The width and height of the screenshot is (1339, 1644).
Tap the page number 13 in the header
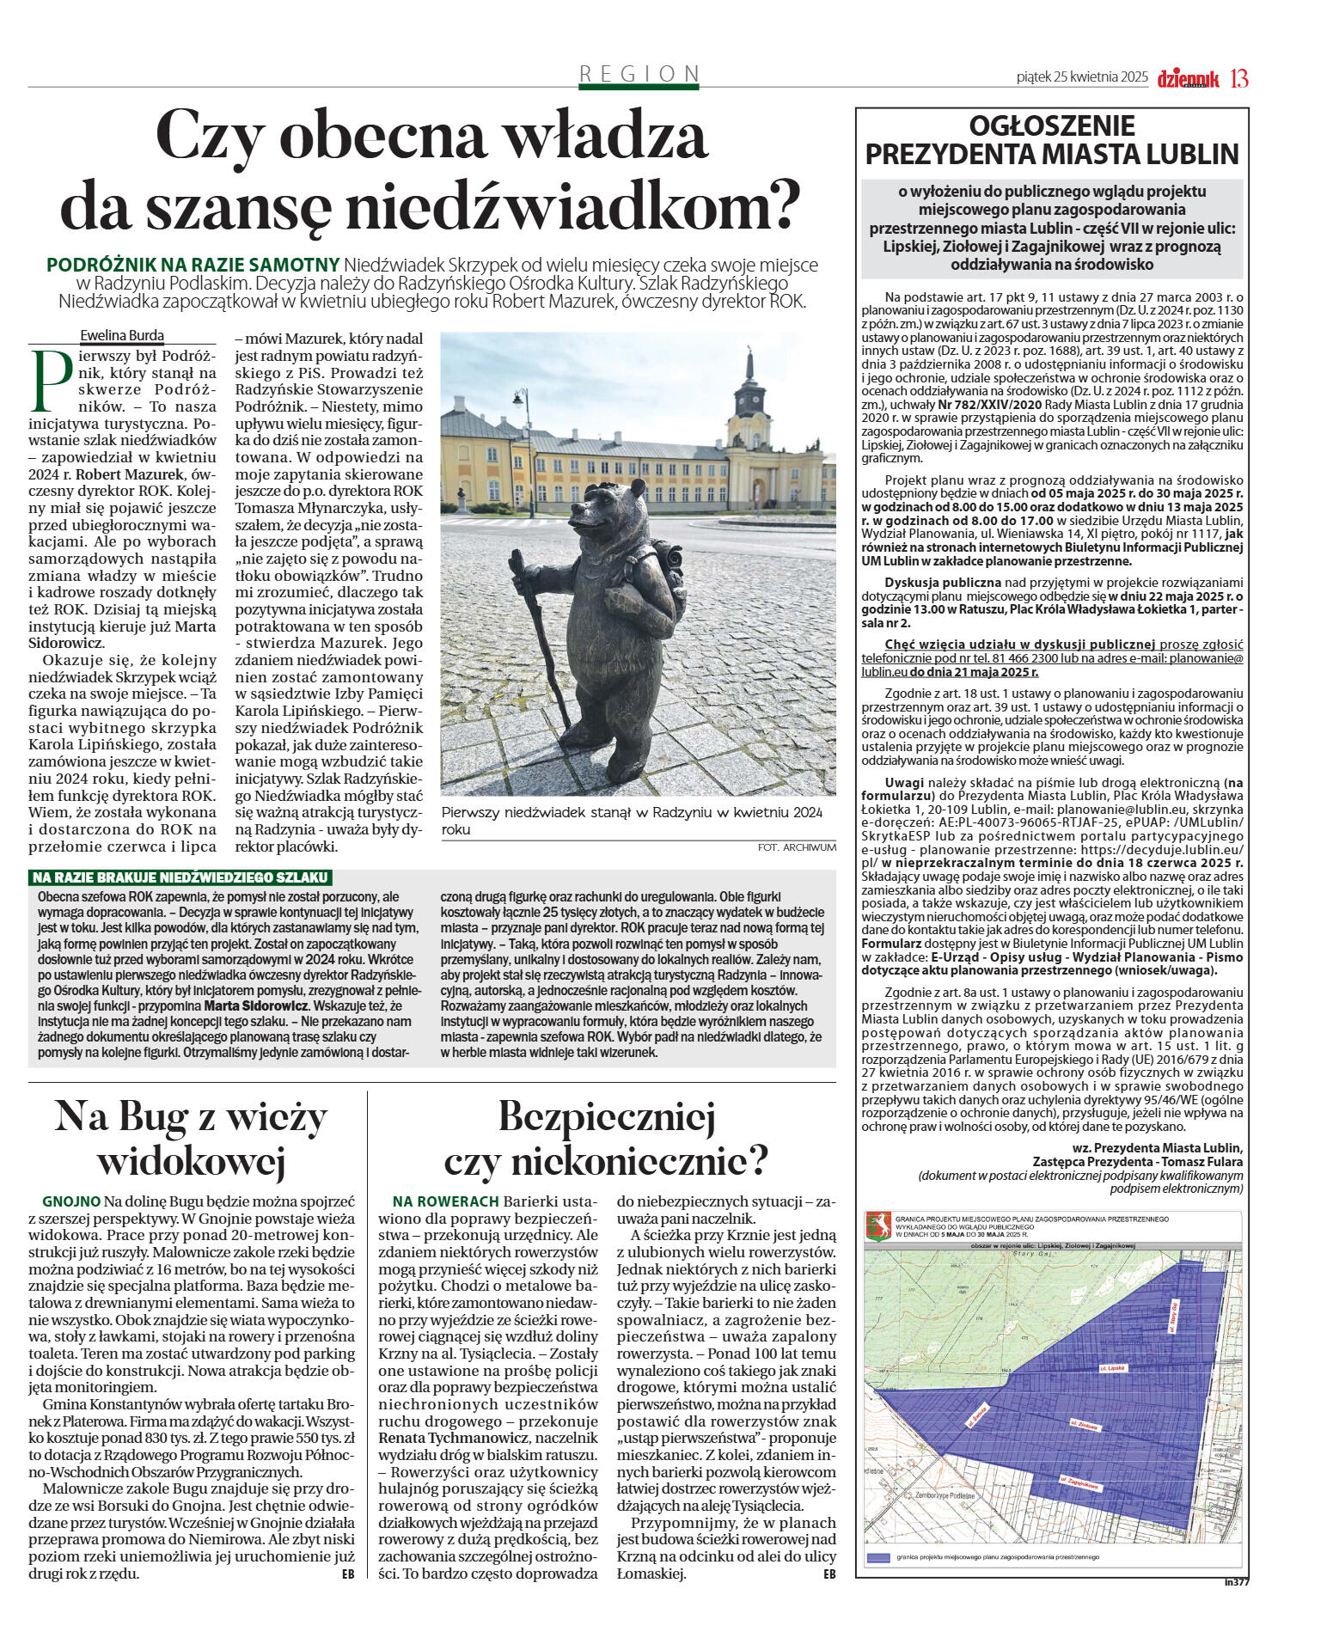point(1238,78)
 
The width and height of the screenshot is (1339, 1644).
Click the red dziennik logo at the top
point(1189,79)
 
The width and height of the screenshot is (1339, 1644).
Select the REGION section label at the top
point(639,74)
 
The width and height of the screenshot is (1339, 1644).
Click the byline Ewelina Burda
point(122,335)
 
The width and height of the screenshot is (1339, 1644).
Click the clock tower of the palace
point(750,395)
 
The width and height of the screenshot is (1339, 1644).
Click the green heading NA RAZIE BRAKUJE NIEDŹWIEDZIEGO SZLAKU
point(180,877)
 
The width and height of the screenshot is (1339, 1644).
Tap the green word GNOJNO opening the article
point(71,1201)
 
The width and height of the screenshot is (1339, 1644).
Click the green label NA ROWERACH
point(445,1201)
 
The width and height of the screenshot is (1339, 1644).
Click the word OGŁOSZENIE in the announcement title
point(1051,126)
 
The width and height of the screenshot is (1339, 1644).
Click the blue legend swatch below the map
point(877,1557)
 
